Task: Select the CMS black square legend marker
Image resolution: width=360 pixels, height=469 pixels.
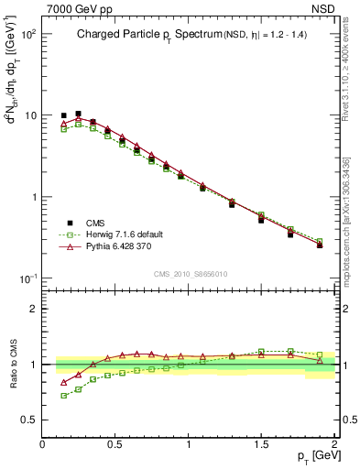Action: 68,223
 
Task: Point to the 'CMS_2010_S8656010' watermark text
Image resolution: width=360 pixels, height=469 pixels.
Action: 190,273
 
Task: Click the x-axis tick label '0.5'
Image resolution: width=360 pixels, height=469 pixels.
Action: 115,443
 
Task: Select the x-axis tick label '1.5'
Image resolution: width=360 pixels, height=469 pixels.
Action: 261,443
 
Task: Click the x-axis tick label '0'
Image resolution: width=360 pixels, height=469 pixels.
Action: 42,443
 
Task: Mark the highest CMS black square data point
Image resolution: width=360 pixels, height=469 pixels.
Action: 78,114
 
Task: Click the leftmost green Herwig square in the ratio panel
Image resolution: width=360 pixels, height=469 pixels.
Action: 63,396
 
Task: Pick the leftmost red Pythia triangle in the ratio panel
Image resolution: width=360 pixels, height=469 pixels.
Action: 63,382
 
